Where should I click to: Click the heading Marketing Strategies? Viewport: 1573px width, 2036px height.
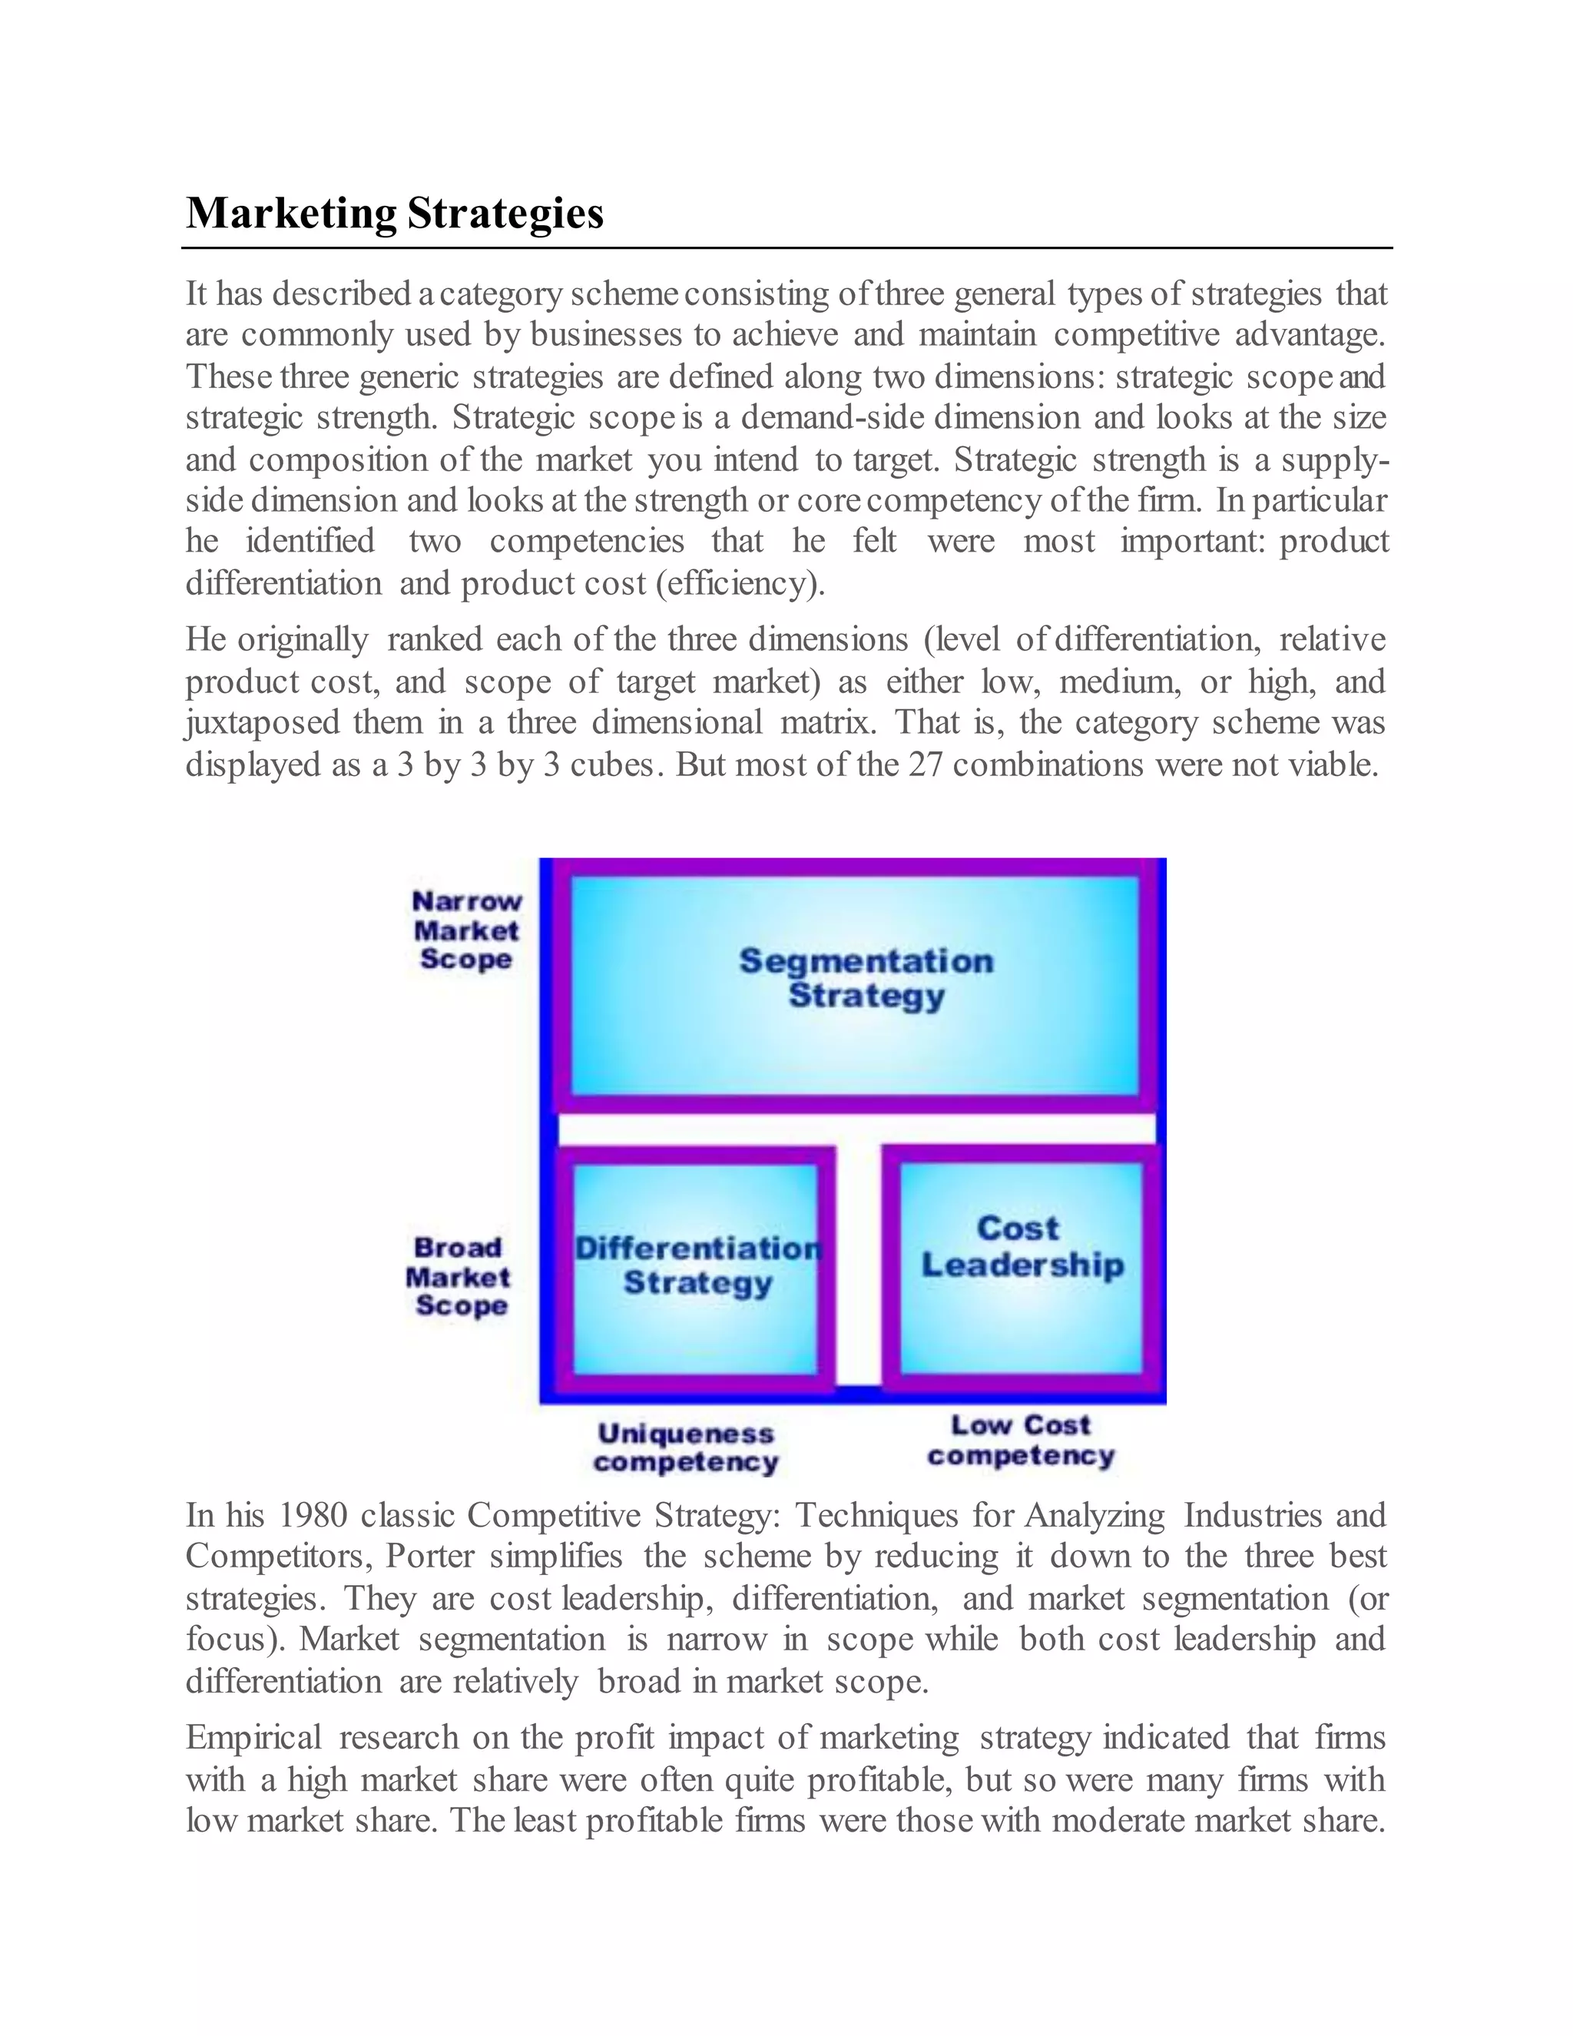click(x=394, y=213)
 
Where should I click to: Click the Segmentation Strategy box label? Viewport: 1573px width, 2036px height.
click(x=866, y=978)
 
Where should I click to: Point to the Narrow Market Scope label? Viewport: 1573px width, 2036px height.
click(x=466, y=930)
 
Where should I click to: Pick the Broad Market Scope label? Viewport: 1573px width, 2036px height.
click(x=459, y=1276)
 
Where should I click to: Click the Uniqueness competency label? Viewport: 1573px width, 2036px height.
click(x=686, y=1447)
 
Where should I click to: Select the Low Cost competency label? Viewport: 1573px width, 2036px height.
click(x=1021, y=1441)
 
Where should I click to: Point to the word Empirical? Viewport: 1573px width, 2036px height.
click(x=253, y=1738)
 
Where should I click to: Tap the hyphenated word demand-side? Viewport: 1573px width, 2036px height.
click(x=834, y=418)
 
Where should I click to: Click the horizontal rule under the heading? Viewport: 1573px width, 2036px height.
click(x=786, y=248)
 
